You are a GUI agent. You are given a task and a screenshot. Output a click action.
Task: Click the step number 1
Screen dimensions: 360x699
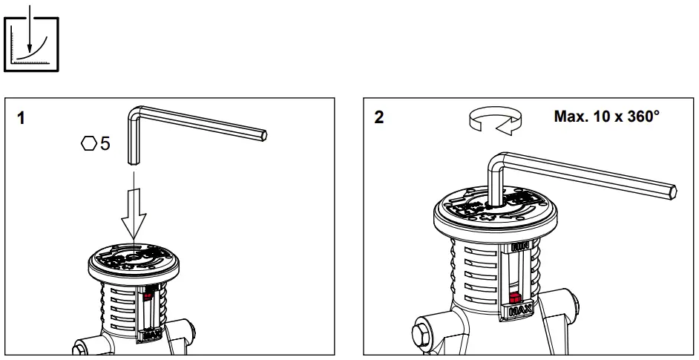21,117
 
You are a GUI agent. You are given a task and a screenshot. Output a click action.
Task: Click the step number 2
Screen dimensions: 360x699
379,117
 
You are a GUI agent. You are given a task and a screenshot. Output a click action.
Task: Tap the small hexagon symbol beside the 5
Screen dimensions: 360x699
89,143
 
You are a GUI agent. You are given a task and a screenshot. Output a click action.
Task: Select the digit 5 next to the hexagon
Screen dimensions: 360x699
105,143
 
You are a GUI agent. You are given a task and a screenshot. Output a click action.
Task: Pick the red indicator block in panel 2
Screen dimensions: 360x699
515,298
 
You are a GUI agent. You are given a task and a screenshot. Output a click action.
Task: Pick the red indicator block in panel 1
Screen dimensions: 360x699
148,295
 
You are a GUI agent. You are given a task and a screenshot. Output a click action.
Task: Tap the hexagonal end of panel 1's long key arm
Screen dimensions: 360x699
263,136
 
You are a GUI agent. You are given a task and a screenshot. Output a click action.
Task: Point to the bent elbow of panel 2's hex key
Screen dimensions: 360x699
496,159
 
